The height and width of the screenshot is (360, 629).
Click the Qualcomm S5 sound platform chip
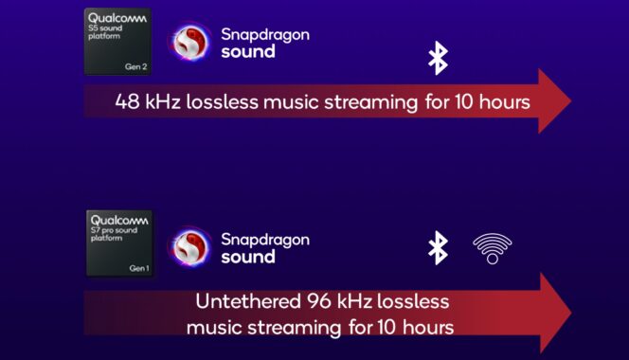[x=117, y=41]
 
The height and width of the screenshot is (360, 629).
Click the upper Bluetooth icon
[x=437, y=57]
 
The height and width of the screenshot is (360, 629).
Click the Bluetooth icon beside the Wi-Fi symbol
[x=437, y=247]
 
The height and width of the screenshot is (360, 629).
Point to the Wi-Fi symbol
[x=492, y=248]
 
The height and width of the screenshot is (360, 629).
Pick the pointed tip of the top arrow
[x=569, y=101]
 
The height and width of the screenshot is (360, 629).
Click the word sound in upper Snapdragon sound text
[x=248, y=52]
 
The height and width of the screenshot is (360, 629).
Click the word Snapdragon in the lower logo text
[x=265, y=239]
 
